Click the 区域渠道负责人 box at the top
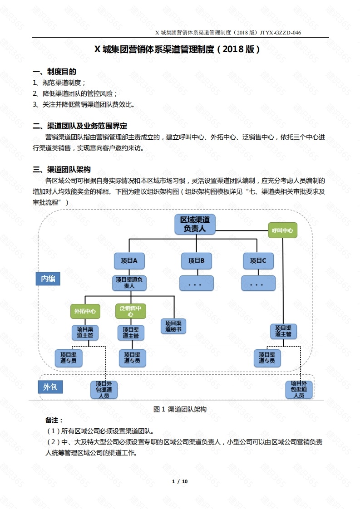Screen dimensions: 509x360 tap(195, 224)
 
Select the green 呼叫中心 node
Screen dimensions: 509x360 tap(282, 230)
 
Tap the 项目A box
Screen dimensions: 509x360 tap(129, 260)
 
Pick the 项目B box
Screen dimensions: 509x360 tap(197, 260)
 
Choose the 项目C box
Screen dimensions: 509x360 tap(258, 260)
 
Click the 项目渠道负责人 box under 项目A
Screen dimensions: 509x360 tap(129, 283)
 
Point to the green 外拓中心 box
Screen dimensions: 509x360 tap(85, 311)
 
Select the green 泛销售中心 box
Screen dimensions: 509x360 tap(130, 311)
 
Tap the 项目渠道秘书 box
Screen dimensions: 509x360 tap(173, 326)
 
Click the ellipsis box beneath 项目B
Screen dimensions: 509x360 tap(196, 283)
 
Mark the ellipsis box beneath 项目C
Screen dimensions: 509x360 tap(258, 283)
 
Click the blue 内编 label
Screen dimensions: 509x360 tap(48, 279)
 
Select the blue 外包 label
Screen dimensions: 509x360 tap(50, 387)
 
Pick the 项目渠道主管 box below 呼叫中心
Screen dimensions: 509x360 tap(284, 331)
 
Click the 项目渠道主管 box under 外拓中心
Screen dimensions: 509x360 tap(85, 333)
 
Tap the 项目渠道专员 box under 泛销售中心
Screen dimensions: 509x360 tap(132, 358)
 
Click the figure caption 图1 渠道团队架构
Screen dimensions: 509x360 tap(180, 409)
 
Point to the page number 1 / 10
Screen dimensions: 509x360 tap(180, 481)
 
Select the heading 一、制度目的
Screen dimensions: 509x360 tap(54, 72)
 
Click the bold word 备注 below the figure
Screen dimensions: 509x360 tap(54, 421)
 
